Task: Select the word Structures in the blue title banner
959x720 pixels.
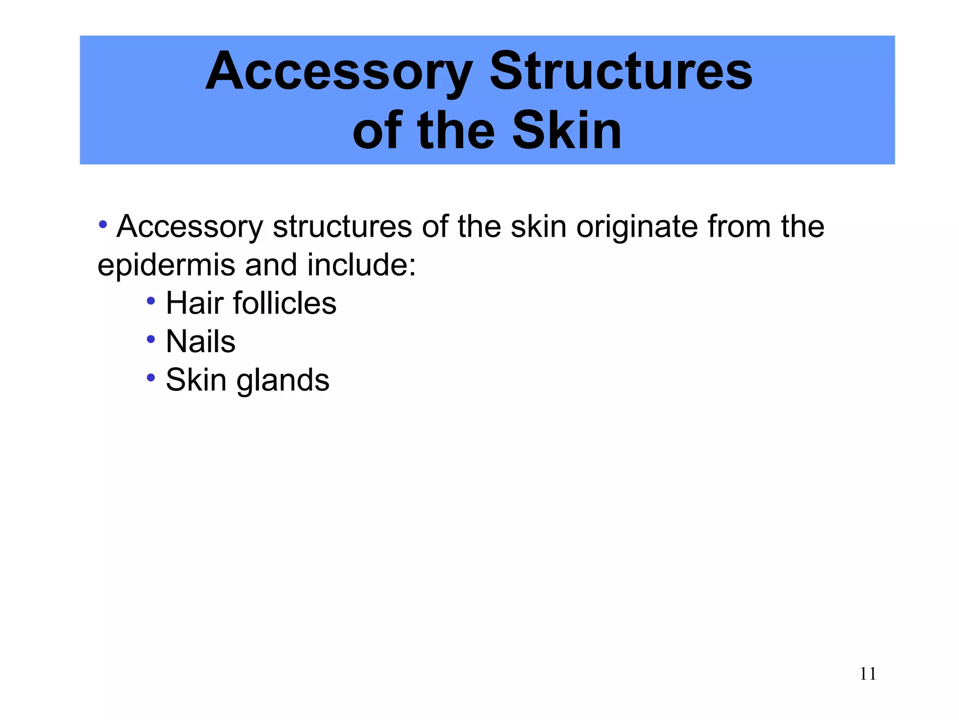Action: coord(621,71)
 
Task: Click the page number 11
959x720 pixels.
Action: coord(868,674)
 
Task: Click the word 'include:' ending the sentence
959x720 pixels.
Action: coord(361,264)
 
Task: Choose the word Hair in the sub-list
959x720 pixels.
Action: coord(194,303)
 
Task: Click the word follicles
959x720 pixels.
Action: coord(285,303)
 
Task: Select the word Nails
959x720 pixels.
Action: coord(200,341)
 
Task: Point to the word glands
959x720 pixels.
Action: coord(283,381)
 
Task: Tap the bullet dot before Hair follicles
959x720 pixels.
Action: coord(150,300)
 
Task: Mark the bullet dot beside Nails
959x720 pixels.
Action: coord(150,339)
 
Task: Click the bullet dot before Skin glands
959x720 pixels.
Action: coord(150,377)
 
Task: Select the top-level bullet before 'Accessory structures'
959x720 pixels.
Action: coord(103,224)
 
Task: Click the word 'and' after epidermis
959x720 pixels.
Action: coord(271,264)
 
